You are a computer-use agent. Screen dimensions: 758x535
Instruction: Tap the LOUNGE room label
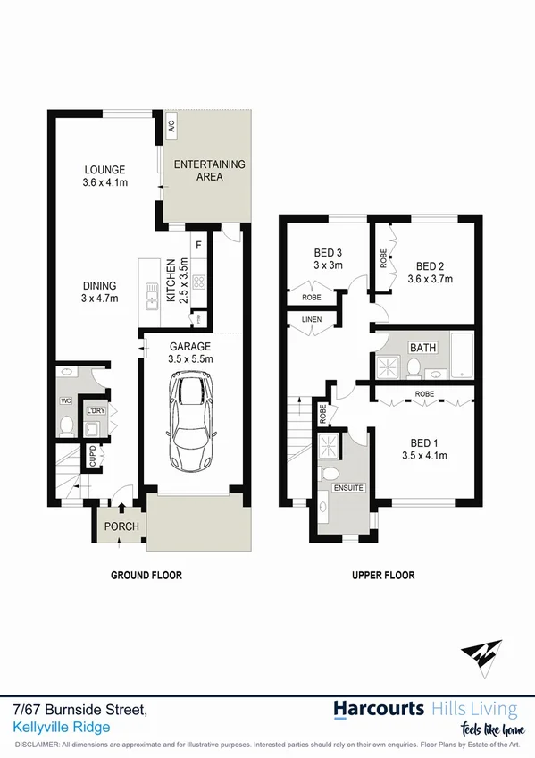[x=104, y=170]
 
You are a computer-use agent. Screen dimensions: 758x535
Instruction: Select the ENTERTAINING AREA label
[x=209, y=170]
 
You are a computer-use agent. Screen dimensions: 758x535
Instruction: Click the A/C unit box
[x=170, y=128]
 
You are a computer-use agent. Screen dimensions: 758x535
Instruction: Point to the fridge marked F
[x=198, y=244]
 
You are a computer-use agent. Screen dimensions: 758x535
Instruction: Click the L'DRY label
[x=95, y=411]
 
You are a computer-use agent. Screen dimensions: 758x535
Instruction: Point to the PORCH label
[x=121, y=526]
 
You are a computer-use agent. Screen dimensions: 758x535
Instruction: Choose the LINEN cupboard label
[x=311, y=319]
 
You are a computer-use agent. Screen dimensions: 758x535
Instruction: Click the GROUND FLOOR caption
[x=146, y=576]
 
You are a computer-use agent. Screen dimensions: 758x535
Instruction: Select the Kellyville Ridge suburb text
[x=63, y=728]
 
